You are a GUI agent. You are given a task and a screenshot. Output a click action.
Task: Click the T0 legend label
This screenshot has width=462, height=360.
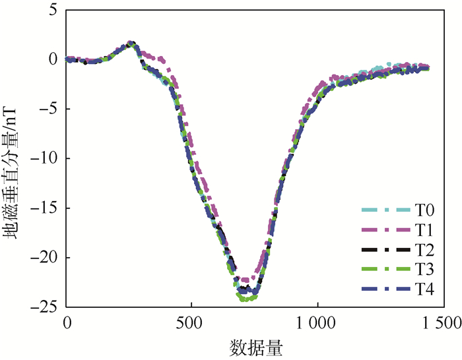425,210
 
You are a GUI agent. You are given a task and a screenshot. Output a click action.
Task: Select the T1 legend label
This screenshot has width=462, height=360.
425,230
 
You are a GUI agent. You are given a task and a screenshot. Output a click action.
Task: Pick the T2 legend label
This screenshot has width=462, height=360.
425,249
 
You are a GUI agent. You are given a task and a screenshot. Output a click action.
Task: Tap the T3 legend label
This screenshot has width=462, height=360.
425,269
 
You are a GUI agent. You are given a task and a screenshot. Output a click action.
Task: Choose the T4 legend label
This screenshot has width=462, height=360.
425,288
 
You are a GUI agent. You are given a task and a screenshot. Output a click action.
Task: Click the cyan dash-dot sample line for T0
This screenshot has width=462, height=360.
385,210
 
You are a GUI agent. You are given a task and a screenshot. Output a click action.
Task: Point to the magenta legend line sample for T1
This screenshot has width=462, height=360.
385,230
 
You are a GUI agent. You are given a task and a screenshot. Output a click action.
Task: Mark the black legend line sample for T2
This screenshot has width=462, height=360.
385,249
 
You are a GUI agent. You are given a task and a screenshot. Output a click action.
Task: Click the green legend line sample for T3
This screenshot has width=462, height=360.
385,269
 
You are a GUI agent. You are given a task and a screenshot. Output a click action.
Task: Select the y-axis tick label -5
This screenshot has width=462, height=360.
50,109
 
